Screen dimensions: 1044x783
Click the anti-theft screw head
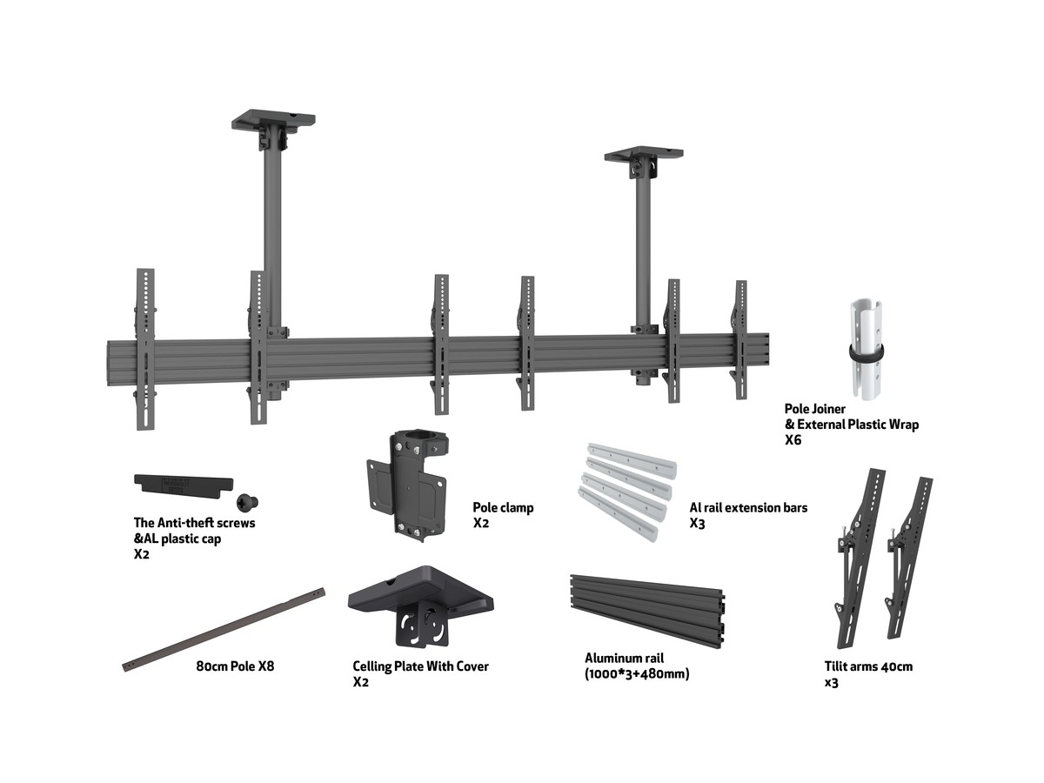tap(247, 502)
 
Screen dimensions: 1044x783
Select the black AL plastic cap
tap(184, 486)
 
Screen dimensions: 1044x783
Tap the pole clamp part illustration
tap(405, 485)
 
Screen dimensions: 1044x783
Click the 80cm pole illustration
tap(224, 629)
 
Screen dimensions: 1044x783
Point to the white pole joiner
tap(866, 350)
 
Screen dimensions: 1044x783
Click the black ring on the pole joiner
tap(867, 353)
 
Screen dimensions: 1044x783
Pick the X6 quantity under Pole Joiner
tap(793, 439)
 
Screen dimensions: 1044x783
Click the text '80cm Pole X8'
tap(235, 666)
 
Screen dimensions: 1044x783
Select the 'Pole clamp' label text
tap(503, 508)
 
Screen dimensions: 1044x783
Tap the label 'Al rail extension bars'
tap(748, 508)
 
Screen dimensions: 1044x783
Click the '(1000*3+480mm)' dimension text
tap(637, 673)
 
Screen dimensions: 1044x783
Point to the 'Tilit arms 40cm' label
tap(868, 666)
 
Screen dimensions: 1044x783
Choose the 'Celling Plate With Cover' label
tap(420, 666)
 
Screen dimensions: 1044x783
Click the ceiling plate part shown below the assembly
tap(421, 606)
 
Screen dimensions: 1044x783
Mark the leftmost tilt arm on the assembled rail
tap(145, 350)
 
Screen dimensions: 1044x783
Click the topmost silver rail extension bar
tap(632, 460)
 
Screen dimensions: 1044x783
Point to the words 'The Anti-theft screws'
tap(194, 523)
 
